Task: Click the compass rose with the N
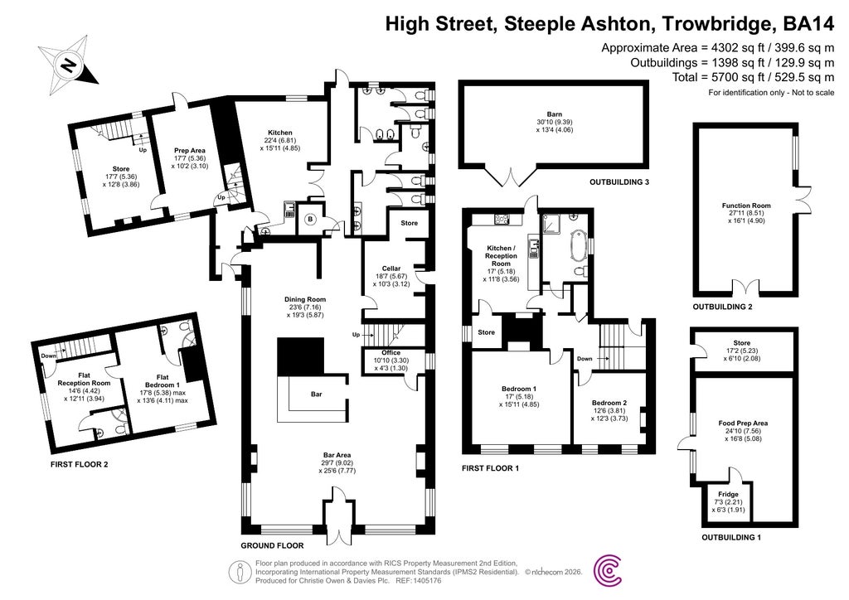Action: point(69,63)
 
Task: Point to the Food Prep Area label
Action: point(743,423)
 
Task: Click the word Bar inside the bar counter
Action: point(316,394)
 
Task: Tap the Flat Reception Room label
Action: point(79,378)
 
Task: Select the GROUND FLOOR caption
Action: point(271,545)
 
